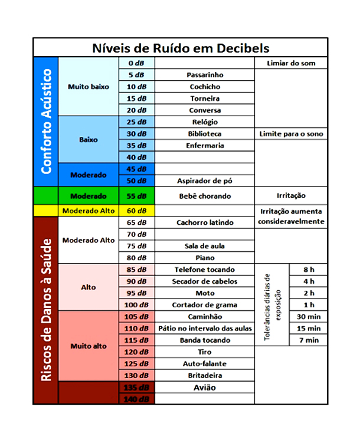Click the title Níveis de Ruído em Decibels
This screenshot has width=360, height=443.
coord(180,48)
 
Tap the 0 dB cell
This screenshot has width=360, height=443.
coord(136,63)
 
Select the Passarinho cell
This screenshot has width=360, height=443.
coord(205,75)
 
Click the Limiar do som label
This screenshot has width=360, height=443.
coord(291,63)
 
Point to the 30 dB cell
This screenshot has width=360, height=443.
coord(136,134)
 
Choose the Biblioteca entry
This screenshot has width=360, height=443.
coord(205,134)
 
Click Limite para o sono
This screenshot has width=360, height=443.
coord(291,134)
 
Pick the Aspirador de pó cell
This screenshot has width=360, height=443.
coord(205,181)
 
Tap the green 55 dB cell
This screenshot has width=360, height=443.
coord(136,196)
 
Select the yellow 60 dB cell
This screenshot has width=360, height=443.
coord(136,211)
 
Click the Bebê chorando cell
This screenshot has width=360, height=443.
coord(205,196)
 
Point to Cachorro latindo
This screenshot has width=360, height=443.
coord(205,222)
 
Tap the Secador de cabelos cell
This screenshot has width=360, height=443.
coord(205,281)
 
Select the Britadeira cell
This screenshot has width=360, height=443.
coord(205,376)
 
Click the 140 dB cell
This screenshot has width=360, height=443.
coord(136,399)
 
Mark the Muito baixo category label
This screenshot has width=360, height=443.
coord(89,87)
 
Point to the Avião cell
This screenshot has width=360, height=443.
coord(205,388)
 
